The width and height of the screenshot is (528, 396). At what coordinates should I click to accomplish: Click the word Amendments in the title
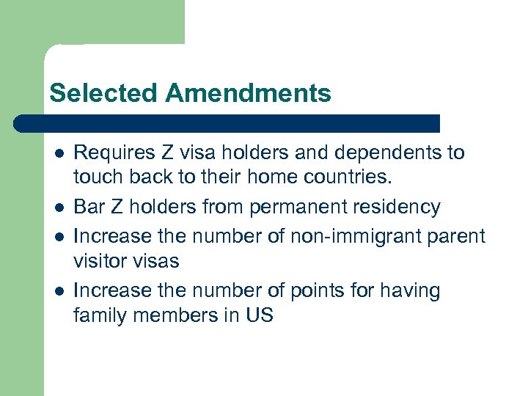(248, 93)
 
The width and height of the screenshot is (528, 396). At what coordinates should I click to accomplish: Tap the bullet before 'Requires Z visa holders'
(58, 153)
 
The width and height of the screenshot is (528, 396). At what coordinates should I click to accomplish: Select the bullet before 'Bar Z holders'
(58, 208)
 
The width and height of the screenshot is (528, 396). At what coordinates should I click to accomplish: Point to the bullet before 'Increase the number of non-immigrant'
(58, 236)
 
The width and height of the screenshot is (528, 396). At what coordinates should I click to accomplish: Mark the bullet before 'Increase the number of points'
(58, 291)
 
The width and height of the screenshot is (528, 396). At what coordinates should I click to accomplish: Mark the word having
(410, 291)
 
